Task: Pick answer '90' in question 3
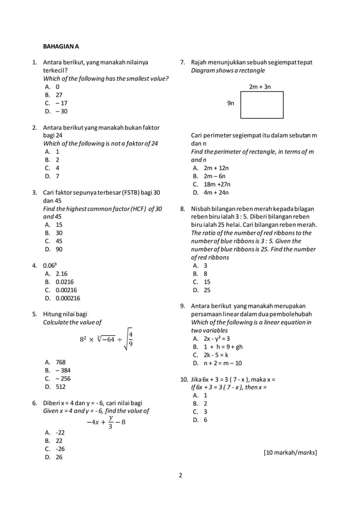pos(59,249)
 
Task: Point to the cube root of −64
pos(103,339)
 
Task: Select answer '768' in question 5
pos(60,362)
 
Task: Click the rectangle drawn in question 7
pos(261,104)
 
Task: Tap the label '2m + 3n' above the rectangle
pos(260,87)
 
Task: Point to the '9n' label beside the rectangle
pos(231,104)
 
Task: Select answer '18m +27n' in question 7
pos(217,184)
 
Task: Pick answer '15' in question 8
pos(207,282)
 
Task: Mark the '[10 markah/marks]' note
pos(290,452)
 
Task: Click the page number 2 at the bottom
pos(180,475)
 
